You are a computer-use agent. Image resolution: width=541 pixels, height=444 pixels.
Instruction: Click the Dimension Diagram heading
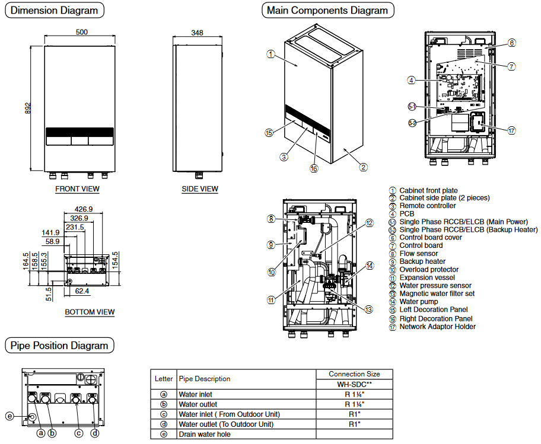(55, 10)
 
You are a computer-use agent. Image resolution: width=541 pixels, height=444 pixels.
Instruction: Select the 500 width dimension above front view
(82, 31)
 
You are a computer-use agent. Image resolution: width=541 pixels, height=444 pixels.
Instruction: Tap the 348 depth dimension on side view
(198, 32)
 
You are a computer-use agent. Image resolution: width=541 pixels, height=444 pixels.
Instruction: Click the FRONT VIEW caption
(77, 189)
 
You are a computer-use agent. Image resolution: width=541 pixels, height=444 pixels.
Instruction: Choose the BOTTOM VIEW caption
(90, 312)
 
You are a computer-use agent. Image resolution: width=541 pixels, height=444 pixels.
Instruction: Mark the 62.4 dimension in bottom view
(82, 291)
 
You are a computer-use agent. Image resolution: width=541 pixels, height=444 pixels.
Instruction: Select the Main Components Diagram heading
(327, 10)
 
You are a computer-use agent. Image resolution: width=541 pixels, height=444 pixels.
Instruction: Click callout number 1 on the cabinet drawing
(270, 54)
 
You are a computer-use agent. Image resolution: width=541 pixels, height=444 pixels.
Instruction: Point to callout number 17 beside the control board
(511, 130)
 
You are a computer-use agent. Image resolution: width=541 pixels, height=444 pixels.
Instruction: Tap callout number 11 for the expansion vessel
(271, 300)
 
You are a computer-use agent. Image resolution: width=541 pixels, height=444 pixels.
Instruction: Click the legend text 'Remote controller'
(428, 206)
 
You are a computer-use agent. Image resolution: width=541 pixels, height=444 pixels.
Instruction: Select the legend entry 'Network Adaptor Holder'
(437, 326)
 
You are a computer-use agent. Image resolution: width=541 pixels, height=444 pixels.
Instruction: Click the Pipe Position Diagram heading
(59, 346)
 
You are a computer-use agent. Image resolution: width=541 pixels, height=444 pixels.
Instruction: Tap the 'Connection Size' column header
(354, 374)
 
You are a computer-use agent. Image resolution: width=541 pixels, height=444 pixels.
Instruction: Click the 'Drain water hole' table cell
(205, 435)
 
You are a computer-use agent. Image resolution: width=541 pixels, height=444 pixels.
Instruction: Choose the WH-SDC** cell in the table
(354, 384)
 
